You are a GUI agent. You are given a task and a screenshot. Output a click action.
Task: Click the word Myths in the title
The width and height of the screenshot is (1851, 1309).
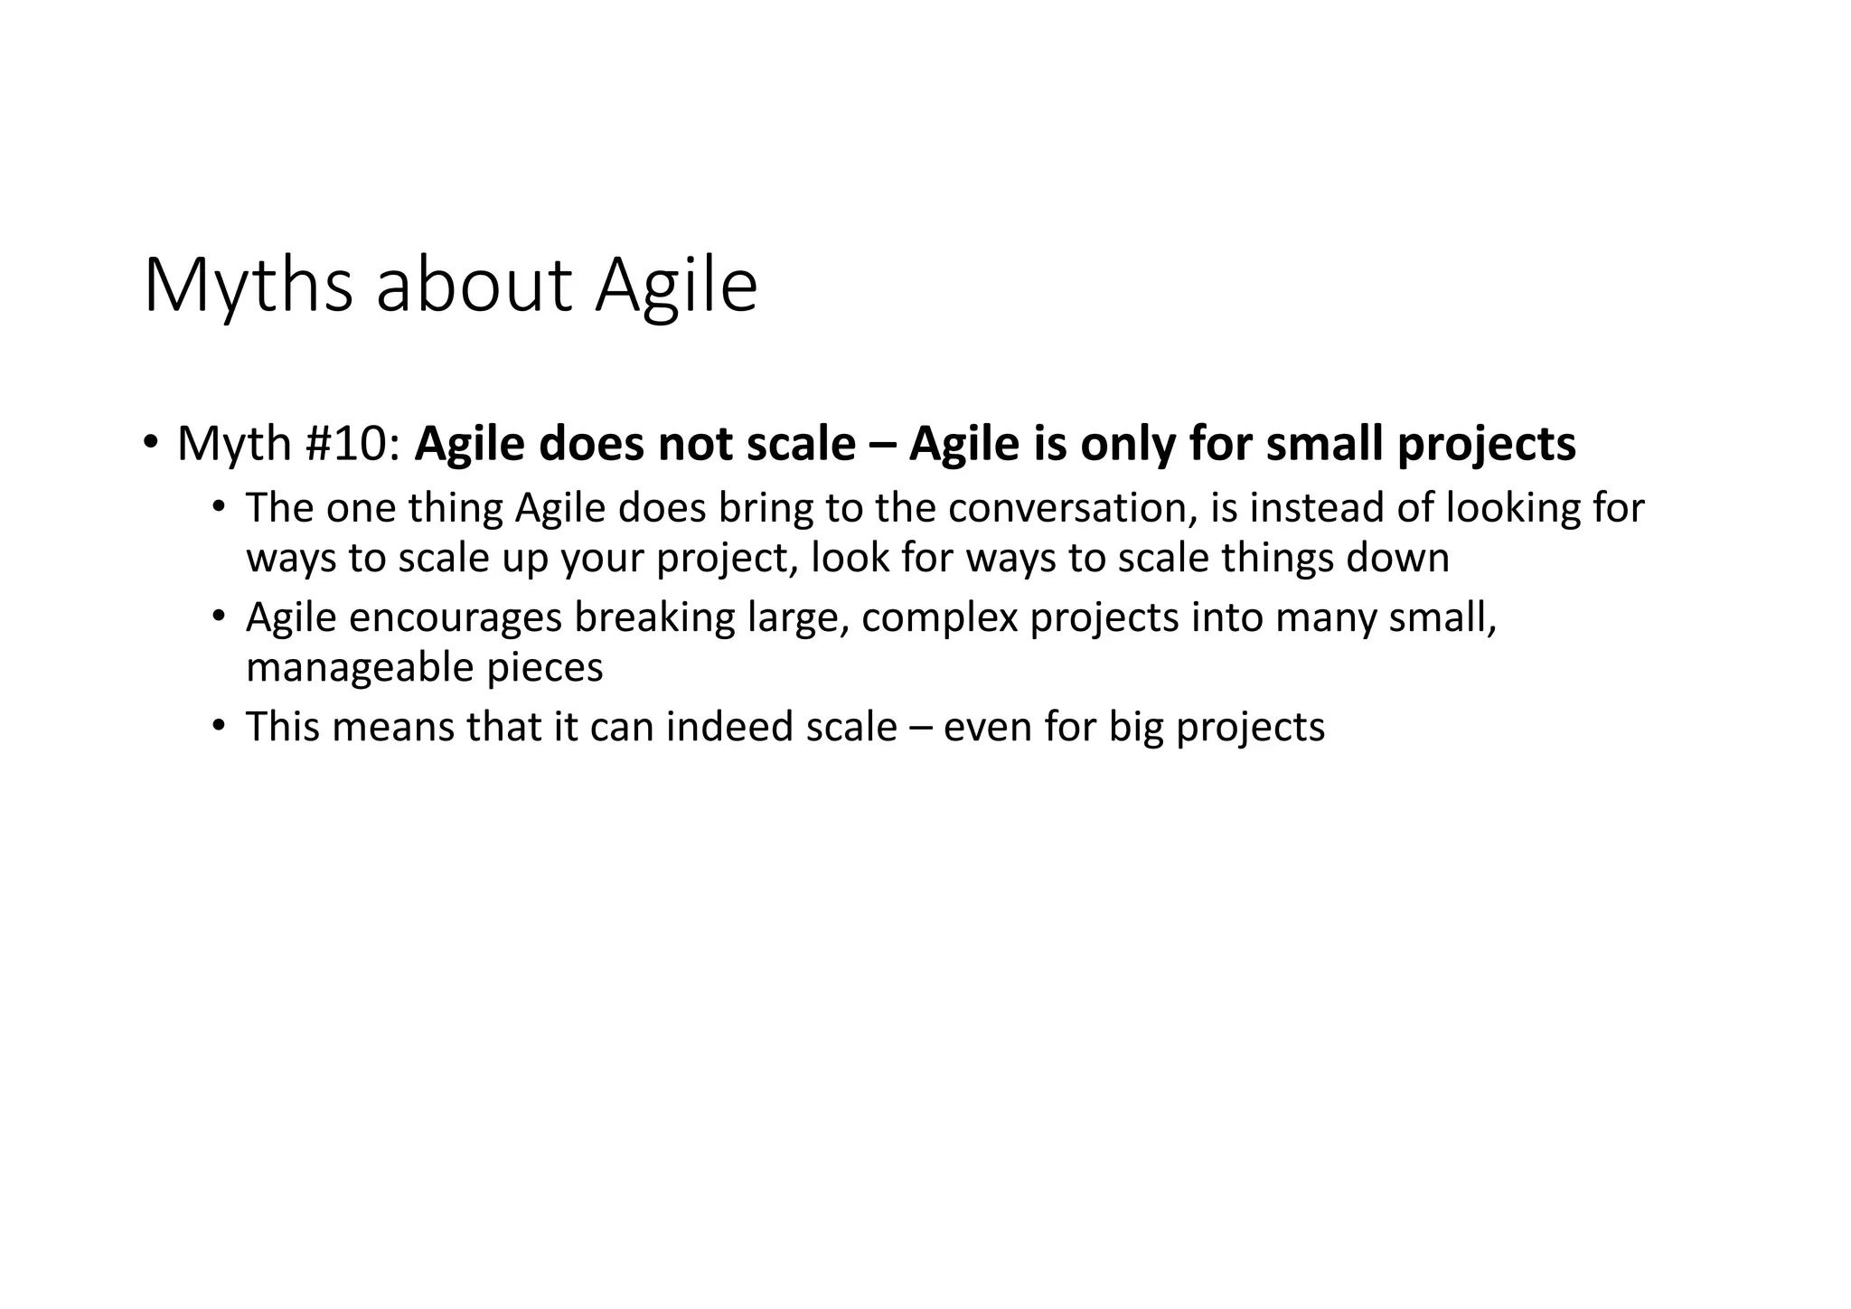248,287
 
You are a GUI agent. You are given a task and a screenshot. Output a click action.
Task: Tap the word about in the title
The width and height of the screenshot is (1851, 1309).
474,287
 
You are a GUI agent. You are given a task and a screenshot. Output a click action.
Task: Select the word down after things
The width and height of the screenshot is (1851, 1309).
1397,558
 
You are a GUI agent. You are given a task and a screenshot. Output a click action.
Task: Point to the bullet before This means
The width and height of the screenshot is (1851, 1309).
219,725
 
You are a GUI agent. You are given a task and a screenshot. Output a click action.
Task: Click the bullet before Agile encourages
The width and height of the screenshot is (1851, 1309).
219,617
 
